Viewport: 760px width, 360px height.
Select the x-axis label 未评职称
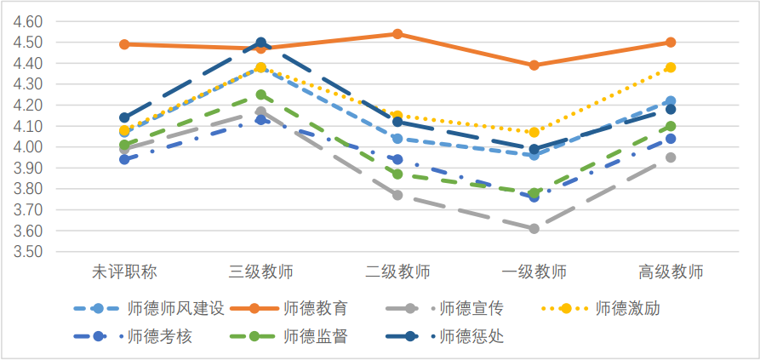[x=124, y=273]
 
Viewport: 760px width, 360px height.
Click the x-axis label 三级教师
[x=261, y=273]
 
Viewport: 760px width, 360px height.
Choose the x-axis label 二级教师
[x=397, y=273]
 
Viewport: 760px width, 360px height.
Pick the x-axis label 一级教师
[x=534, y=273]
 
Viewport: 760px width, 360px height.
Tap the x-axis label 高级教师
[x=671, y=273]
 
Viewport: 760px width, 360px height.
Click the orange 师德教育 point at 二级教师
[x=397, y=34]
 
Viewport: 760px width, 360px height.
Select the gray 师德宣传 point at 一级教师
[x=534, y=229]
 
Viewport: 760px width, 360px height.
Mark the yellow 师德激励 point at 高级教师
[x=671, y=67]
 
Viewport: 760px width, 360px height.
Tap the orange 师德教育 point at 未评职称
[x=124, y=44]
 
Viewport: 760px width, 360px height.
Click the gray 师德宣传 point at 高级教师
[x=671, y=157]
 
